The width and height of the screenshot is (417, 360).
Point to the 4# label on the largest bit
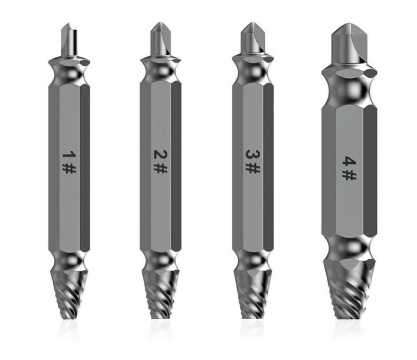coord(348,165)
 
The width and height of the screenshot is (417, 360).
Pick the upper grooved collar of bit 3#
coord(253,68)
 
